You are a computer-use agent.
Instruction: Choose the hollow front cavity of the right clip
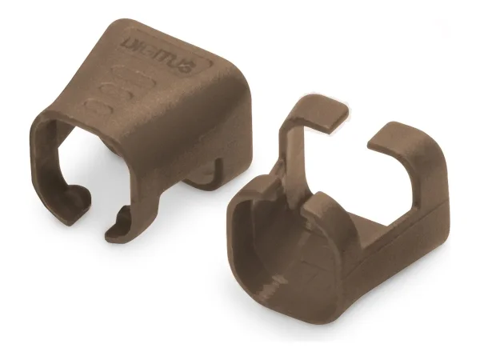272,240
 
